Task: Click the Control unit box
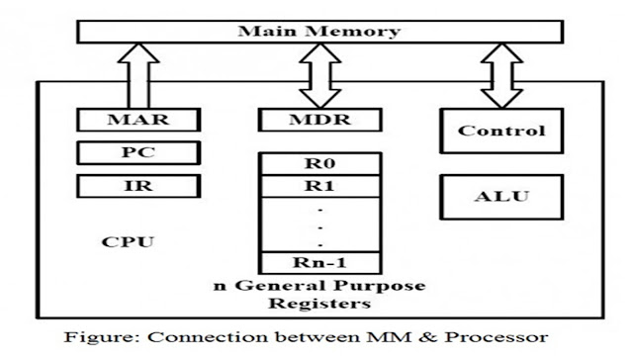(x=503, y=131)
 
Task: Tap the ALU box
(x=503, y=195)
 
